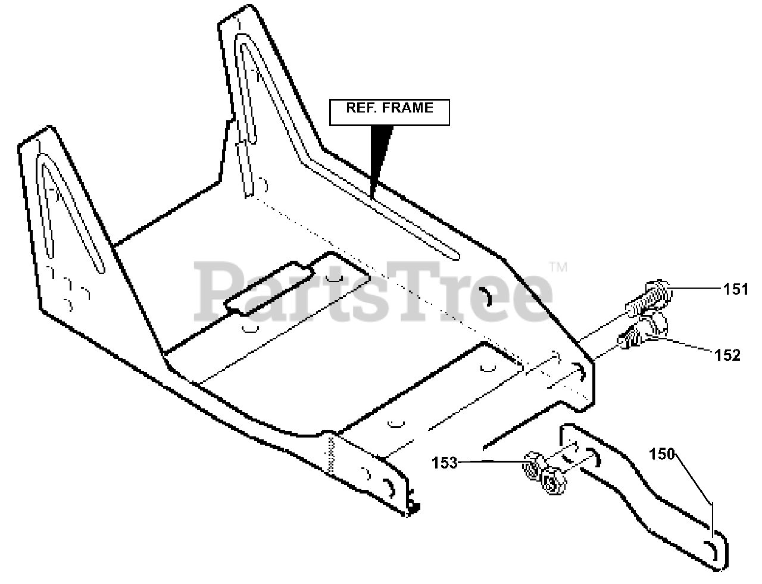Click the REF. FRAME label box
[x=390, y=112]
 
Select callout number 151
[x=736, y=289]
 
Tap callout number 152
[x=728, y=355]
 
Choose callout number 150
[x=661, y=454]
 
